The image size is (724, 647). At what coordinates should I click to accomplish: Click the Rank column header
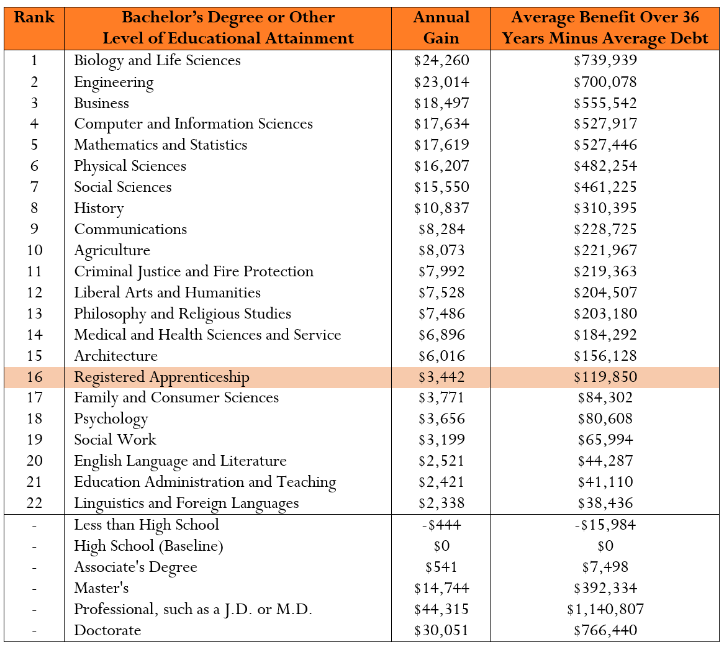(x=34, y=17)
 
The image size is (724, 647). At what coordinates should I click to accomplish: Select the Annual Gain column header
(x=441, y=27)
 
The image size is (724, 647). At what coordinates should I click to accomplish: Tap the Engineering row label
(x=114, y=82)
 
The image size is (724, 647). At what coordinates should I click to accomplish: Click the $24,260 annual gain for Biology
(x=441, y=61)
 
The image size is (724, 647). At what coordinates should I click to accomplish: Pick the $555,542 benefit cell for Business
(x=605, y=103)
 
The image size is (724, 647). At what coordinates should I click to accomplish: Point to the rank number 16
(x=34, y=377)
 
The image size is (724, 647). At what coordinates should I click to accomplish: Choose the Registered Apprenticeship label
(x=161, y=377)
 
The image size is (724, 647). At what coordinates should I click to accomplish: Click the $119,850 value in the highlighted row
(x=605, y=377)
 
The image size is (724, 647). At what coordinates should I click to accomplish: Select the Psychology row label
(x=111, y=419)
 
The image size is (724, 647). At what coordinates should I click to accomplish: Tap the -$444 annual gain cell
(x=441, y=525)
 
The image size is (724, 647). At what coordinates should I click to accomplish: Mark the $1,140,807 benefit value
(x=605, y=609)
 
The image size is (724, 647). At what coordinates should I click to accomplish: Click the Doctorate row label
(x=107, y=630)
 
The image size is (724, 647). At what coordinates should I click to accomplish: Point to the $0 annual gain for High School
(x=441, y=546)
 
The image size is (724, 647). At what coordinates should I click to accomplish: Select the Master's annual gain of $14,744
(x=441, y=588)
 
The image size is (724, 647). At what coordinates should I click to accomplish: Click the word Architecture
(x=116, y=356)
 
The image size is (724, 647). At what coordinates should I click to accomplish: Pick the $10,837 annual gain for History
(x=441, y=208)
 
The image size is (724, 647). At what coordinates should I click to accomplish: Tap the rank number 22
(x=34, y=503)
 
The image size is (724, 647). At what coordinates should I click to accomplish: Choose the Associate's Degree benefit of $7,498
(x=605, y=567)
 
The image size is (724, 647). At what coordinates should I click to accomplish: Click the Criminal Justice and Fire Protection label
(x=194, y=271)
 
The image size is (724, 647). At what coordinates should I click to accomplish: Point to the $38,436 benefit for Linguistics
(x=605, y=503)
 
